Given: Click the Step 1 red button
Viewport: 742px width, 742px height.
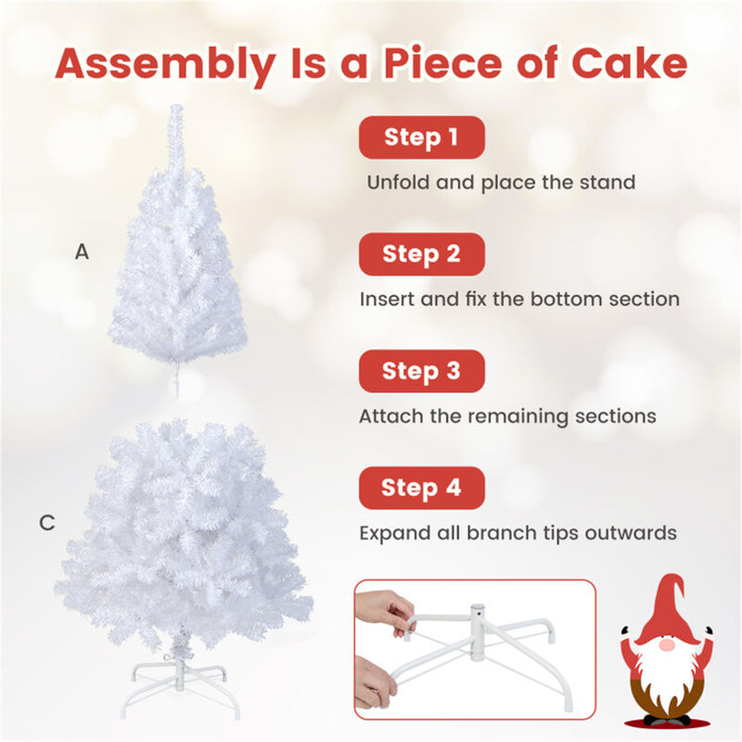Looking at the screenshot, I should coord(422,138).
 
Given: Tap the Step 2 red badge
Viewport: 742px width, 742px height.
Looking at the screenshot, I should coord(422,254).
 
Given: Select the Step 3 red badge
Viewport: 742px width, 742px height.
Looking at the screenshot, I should coord(422,371).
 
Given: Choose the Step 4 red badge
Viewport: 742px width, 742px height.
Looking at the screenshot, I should coord(422,487).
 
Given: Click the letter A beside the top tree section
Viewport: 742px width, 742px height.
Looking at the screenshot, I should coord(83,250).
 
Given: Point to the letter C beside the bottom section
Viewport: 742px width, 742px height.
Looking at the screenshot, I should coord(47,523).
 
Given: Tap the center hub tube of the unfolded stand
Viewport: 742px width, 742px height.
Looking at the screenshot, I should coord(478,620).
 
